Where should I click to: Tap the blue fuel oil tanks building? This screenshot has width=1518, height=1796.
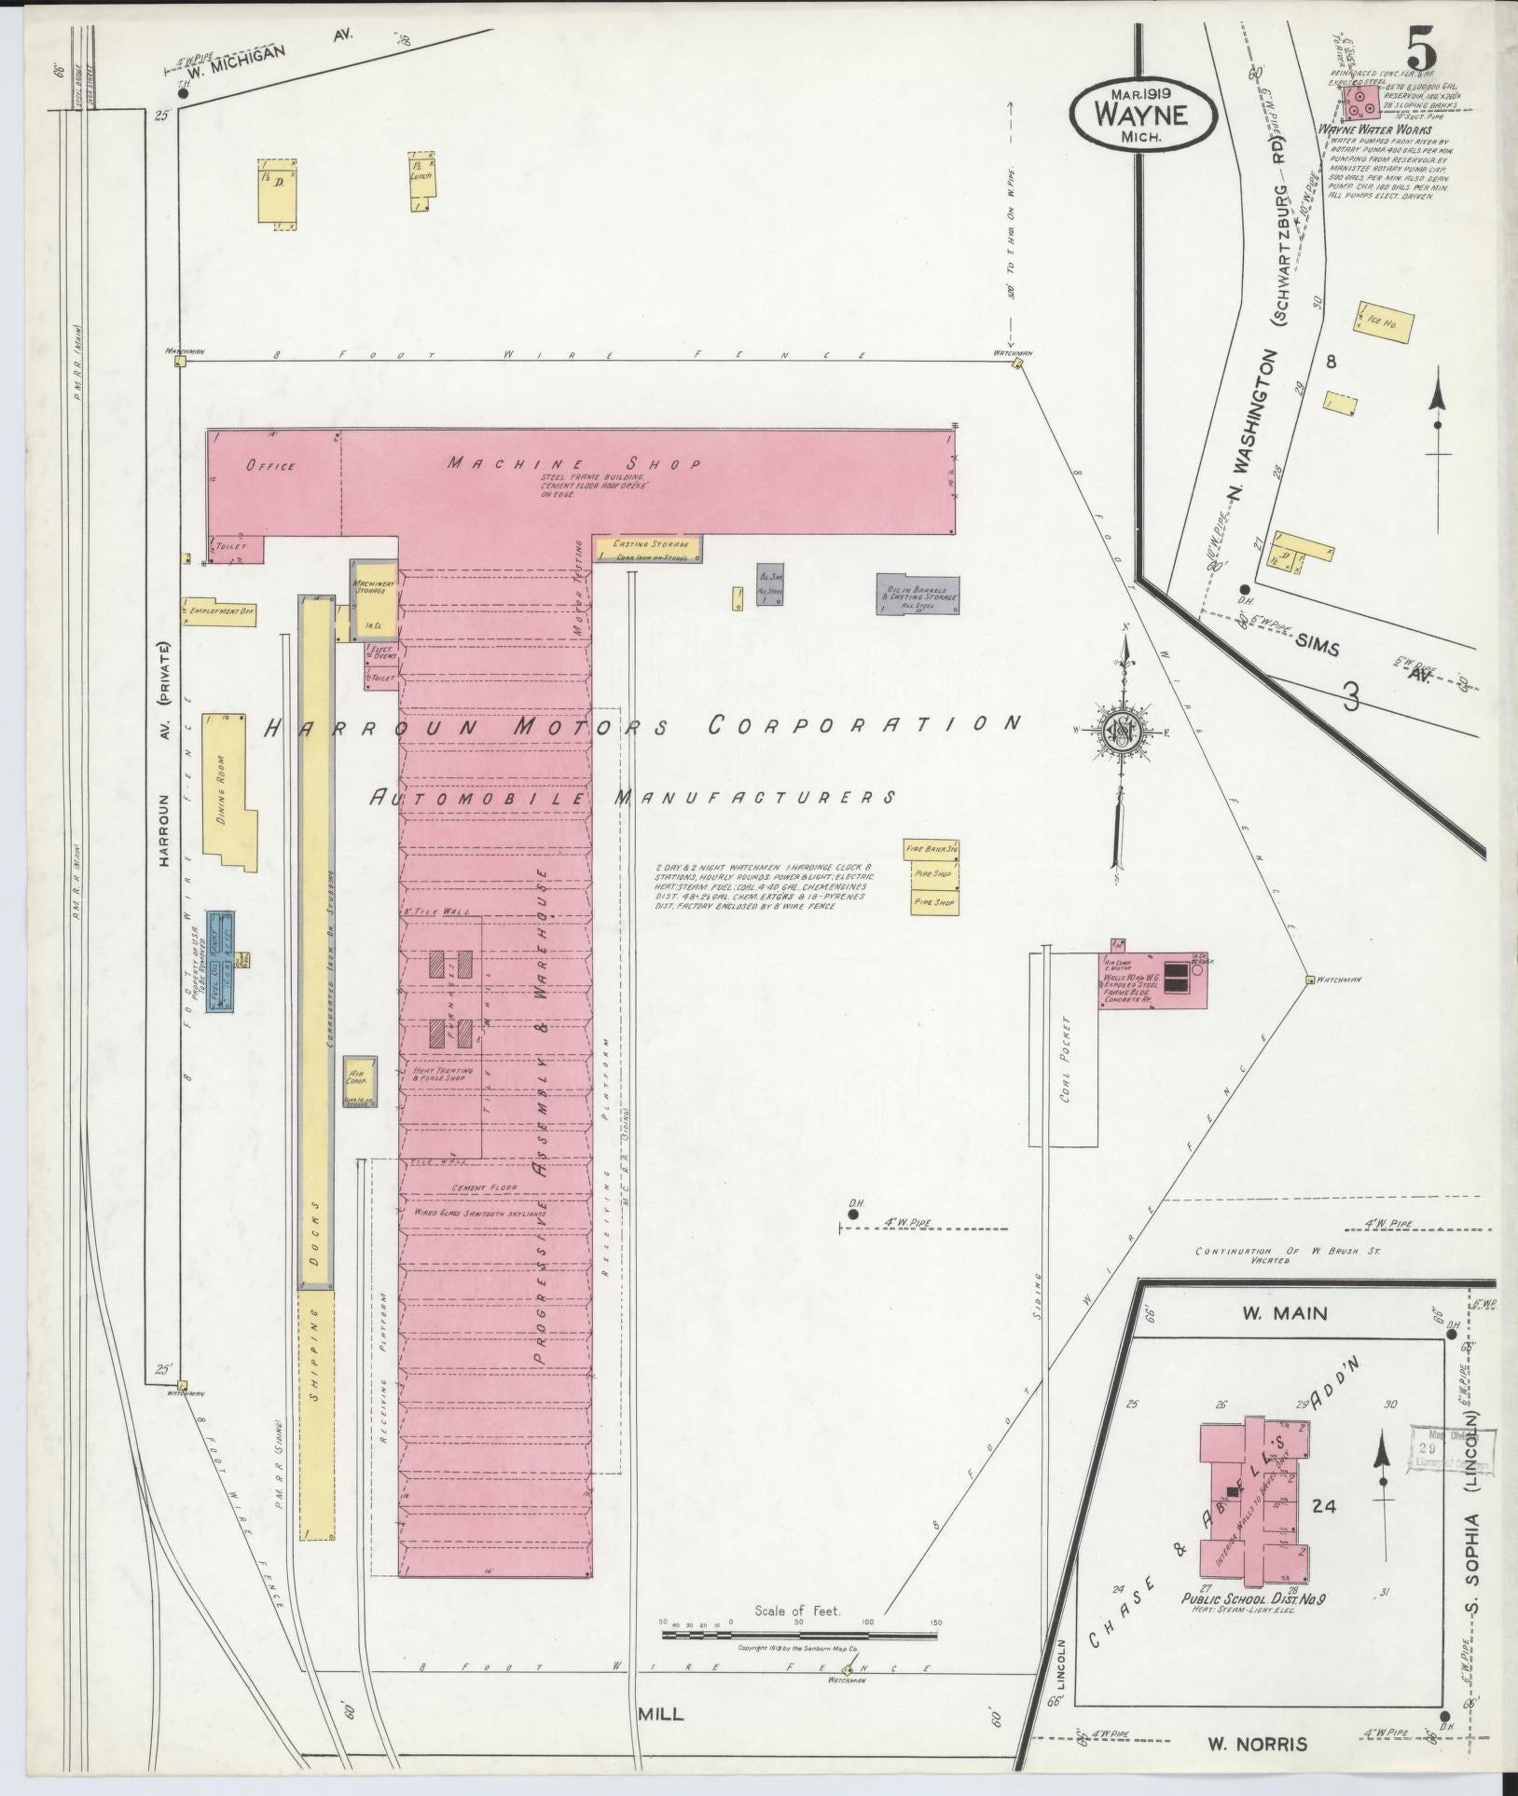pyautogui.click(x=220, y=961)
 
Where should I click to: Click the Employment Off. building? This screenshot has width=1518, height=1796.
pyautogui.click(x=220, y=610)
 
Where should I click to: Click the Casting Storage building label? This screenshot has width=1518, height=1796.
pyautogui.click(x=649, y=543)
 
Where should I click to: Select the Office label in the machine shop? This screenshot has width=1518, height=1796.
pyautogui.click(x=270, y=466)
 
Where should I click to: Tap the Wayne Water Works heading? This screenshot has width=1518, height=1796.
pyautogui.click(x=1362, y=130)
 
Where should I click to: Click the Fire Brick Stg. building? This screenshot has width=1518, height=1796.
pyautogui.click(x=932, y=849)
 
